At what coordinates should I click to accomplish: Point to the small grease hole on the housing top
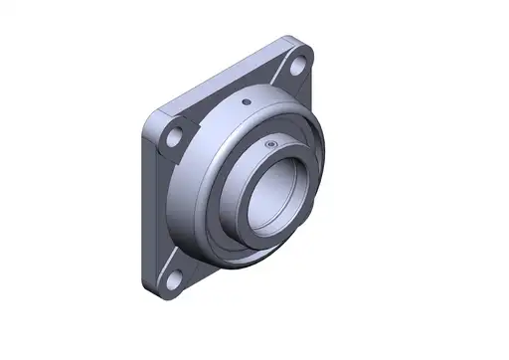[246, 103]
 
